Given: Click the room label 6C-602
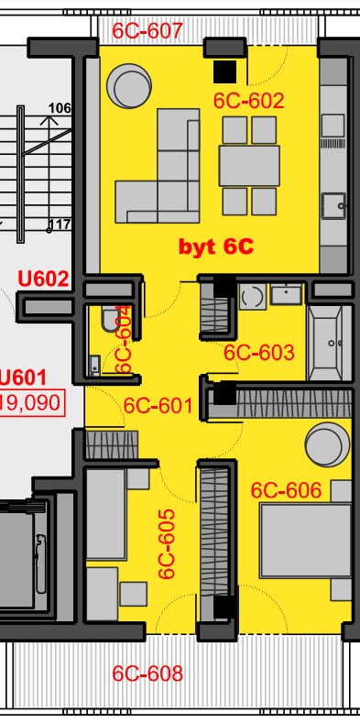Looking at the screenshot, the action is (248, 101).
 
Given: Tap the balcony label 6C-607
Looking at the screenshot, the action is (148, 31).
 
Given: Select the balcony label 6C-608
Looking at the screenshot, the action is (147, 674).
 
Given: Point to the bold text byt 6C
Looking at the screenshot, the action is (216, 247).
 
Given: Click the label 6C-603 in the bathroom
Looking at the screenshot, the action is (258, 353).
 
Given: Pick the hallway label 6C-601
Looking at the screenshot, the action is (158, 406).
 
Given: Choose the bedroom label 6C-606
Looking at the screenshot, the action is (286, 490).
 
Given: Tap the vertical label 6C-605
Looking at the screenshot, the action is (167, 543).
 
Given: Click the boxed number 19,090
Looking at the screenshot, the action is (31, 402).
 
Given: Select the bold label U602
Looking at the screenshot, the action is (43, 279).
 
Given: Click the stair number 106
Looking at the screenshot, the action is (60, 108).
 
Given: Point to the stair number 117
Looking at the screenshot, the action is (60, 225).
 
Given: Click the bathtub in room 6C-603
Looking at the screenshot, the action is (330, 343).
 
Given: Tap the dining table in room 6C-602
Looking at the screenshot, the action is (249, 166).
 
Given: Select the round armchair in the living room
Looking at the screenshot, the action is (129, 86).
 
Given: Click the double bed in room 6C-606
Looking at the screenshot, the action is (306, 541).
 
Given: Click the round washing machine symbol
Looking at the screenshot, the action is (253, 297).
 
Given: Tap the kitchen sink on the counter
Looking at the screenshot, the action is (333, 205).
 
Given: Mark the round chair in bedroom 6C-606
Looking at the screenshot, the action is (327, 444).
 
